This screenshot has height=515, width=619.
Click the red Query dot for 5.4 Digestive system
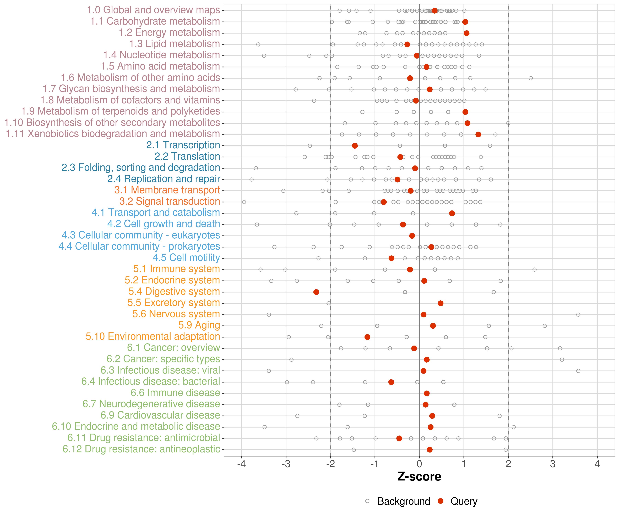[316, 292]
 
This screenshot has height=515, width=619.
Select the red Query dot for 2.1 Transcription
[355, 146]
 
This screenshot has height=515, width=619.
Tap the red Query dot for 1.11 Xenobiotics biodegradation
[478, 134]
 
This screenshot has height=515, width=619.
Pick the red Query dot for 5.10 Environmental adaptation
[367, 337]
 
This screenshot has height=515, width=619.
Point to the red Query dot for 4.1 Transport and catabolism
[452, 213]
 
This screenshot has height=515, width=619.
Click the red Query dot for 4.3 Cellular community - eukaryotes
[412, 236]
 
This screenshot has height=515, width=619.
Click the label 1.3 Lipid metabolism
[175, 44]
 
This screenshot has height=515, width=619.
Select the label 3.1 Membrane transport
[167, 190]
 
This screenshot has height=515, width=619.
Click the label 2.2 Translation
[187, 156]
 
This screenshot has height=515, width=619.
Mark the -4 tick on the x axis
[241, 464]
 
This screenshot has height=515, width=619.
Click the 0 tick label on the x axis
[419, 464]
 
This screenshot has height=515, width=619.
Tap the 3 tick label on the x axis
[553, 464]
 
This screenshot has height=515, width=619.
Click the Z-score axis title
[419, 476]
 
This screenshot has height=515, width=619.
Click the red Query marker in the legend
[441, 501]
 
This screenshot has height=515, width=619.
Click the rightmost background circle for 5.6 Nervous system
[578, 315]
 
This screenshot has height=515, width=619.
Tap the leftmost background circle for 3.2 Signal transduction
[244, 202]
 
